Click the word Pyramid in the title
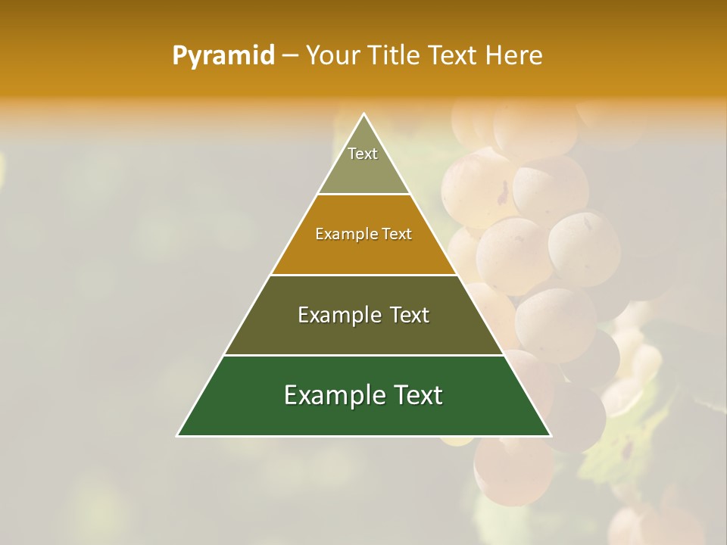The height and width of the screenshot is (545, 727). tap(223, 56)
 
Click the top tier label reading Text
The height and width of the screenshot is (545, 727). tap(363, 154)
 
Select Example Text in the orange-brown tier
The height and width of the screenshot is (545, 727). tap(363, 234)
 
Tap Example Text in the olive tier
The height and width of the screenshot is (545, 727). tap(363, 315)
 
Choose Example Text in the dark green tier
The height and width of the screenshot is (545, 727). tap(363, 395)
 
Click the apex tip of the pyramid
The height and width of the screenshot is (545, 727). tap(363, 114)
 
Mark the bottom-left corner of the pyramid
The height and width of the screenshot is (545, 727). tap(178, 435)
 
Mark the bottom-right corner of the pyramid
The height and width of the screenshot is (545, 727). tap(551, 435)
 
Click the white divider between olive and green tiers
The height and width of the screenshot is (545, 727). tap(363, 355)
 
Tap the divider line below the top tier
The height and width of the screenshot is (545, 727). tap(363, 194)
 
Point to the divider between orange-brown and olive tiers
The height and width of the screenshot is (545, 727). tap(363, 275)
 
